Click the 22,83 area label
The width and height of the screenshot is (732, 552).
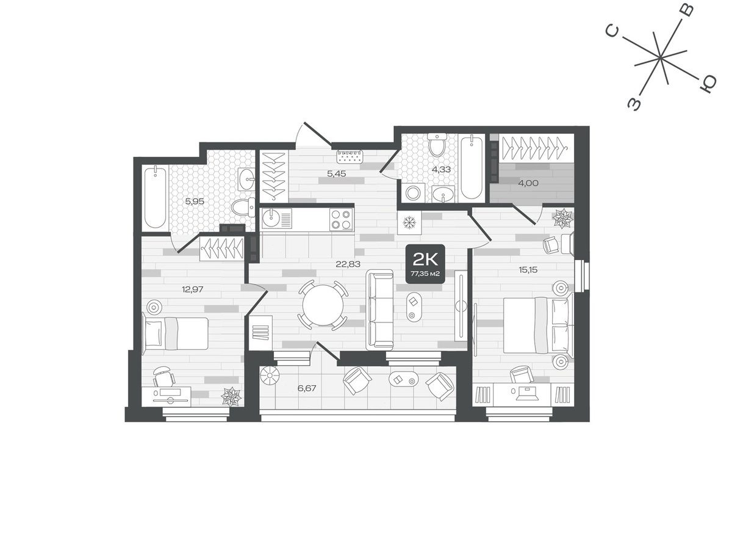[x=348, y=264]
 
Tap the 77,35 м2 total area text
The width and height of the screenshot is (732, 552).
[x=425, y=274]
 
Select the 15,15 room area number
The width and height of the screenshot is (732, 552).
[x=528, y=270]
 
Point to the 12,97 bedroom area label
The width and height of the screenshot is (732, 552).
[x=192, y=289]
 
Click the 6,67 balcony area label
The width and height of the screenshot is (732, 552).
[x=307, y=388]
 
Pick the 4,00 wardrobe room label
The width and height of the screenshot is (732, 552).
[x=528, y=183]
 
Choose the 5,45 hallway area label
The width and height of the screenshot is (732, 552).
[x=336, y=173]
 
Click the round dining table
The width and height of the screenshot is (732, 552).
[x=323, y=305]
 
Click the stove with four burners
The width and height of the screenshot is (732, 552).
[x=341, y=219]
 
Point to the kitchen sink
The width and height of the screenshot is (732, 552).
[x=271, y=219]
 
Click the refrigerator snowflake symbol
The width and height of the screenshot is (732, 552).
[x=409, y=223]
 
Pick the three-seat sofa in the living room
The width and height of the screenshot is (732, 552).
[x=380, y=310]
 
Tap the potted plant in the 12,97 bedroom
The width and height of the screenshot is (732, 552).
[x=231, y=396]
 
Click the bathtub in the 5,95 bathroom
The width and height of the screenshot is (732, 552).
[x=156, y=198]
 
